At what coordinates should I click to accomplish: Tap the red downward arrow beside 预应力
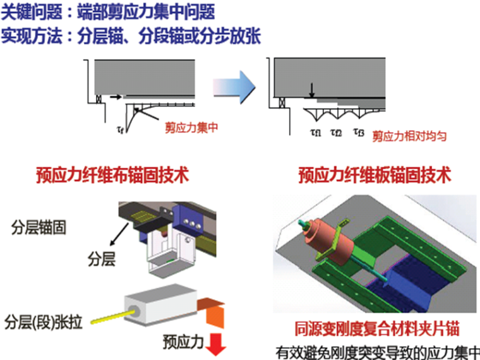(217, 344)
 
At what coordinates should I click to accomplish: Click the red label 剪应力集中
(191, 128)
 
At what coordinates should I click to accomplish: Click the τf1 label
(315, 133)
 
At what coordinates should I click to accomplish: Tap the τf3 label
(358, 133)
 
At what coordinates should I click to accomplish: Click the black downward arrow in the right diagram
(311, 92)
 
